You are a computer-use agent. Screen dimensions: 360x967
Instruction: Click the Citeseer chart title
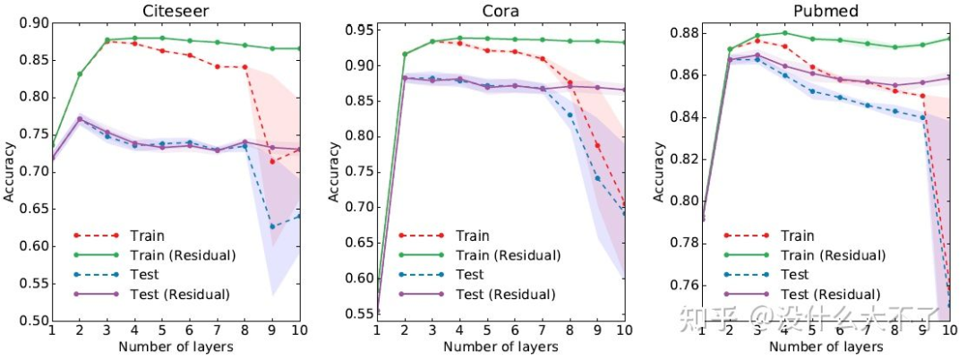pos(175,11)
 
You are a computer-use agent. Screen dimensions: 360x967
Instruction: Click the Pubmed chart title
pos(824,11)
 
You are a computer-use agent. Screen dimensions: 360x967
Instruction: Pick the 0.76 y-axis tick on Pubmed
pos(680,285)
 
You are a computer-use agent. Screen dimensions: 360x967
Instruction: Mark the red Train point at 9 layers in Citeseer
pos(272,161)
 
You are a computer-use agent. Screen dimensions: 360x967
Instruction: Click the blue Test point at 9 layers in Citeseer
pos(272,227)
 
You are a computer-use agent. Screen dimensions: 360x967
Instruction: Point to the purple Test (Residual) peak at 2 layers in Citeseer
pos(79,118)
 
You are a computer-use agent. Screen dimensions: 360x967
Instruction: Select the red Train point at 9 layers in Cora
pos(597,145)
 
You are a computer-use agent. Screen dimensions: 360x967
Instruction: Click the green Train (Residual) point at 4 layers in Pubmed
pos(785,33)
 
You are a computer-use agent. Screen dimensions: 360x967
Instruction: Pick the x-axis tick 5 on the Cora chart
pos(487,330)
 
